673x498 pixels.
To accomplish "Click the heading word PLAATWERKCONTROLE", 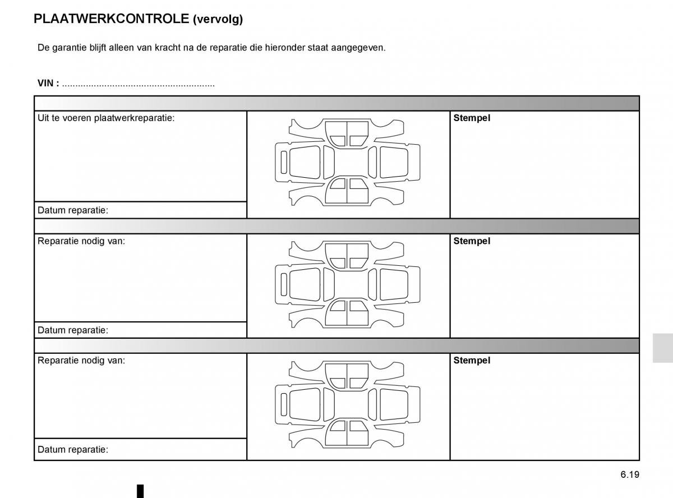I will point(111,19).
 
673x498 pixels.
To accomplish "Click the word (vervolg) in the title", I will point(218,20).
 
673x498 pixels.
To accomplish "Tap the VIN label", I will point(48,83).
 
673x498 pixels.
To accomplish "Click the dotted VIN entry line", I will point(138,84).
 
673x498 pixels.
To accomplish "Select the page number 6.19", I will point(630,474).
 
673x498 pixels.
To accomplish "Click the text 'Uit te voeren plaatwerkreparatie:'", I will point(105,118).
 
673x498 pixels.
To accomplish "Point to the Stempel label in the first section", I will point(472,118).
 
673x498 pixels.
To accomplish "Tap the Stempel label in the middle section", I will point(472,241).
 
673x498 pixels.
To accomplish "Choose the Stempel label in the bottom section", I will point(472,360).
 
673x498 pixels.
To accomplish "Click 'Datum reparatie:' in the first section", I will point(73,210).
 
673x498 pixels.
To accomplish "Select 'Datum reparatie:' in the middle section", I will point(73,330).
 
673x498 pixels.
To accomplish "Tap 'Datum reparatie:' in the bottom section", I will point(73,449).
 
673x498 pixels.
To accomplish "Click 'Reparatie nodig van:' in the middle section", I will point(81,241).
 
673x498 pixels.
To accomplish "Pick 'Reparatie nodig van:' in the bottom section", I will point(81,360).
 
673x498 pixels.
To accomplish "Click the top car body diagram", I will point(348,163).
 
